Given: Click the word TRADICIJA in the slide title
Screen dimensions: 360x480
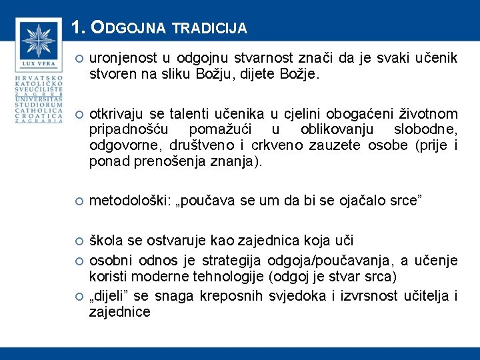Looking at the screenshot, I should click(209, 29).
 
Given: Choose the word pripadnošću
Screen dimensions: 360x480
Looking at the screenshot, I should click(129, 129).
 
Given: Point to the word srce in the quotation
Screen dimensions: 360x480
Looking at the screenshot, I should click(403, 201).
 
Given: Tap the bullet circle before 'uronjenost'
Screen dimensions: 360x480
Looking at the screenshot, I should click(78, 59).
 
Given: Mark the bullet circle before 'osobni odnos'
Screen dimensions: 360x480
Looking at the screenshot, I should click(78, 260).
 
